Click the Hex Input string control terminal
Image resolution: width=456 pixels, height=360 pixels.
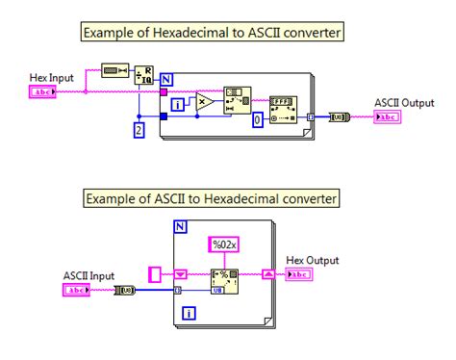44,92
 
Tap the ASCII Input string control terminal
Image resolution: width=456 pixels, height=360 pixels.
77,289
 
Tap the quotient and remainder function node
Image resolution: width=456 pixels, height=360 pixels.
142,76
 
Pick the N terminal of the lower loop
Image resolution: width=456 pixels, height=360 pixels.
179,227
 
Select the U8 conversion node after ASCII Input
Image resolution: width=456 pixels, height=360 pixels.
123,289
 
